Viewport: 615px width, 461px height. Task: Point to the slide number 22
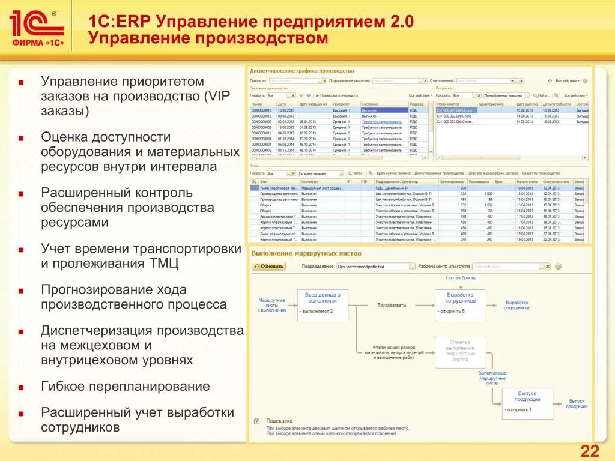click(x=589, y=451)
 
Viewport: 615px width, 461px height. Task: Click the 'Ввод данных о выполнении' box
click(x=323, y=304)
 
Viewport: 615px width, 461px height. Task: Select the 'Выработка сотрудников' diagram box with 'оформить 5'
click(x=460, y=304)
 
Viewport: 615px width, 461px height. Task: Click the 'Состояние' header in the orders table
click(x=370, y=104)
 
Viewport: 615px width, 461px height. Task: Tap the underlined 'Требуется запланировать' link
click(x=382, y=122)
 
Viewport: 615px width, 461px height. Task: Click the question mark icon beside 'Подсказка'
click(x=256, y=421)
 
